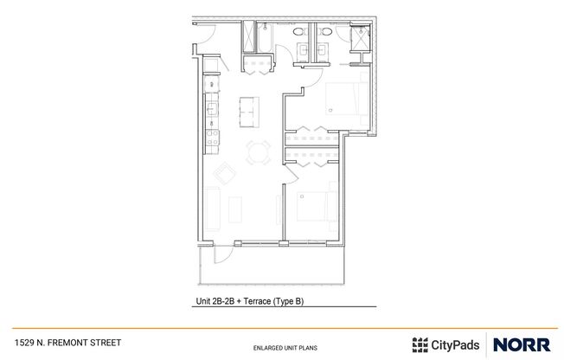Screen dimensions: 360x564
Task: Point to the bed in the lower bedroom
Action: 311,207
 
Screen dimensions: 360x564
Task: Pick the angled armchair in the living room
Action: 224,172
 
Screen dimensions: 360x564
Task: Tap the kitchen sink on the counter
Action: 210,110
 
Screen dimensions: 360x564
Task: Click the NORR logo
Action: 522,343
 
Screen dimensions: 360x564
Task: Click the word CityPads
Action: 456,343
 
